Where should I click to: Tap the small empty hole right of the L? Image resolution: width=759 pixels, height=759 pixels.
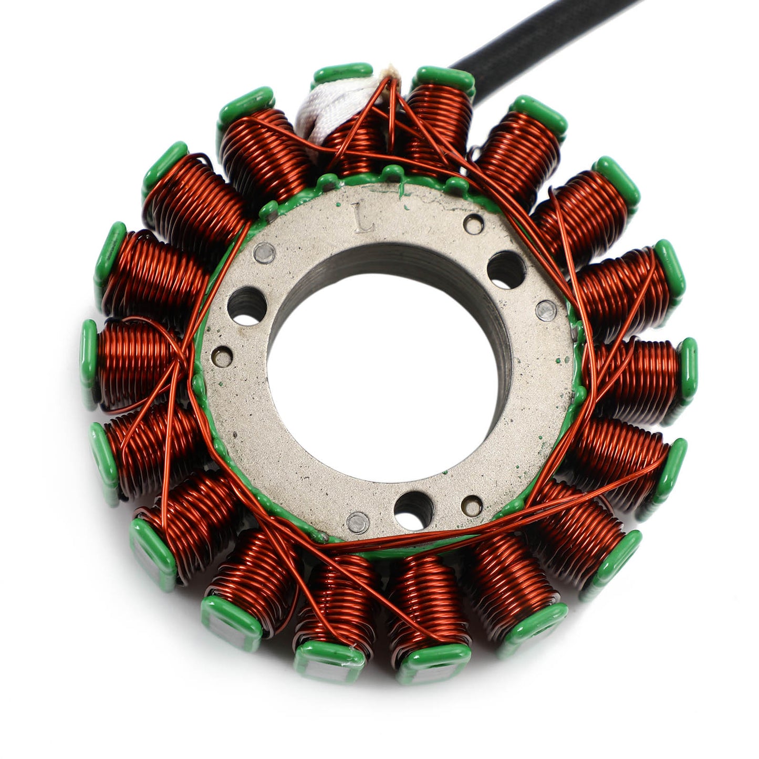pyautogui.click(x=474, y=222)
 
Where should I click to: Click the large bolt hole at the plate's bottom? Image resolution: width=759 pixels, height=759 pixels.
pyautogui.click(x=414, y=506)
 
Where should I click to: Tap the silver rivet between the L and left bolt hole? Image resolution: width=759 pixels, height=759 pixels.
pyautogui.click(x=265, y=252)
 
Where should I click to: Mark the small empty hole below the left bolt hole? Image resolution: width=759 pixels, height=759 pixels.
pyautogui.click(x=224, y=355)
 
